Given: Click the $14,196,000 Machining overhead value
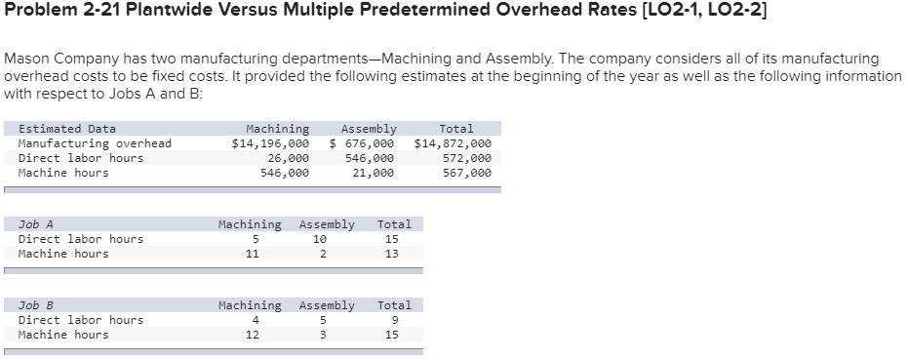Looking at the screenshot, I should [270, 143].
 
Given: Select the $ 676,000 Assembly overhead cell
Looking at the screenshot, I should [362, 143].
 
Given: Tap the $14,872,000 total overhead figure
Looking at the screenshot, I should [453, 143].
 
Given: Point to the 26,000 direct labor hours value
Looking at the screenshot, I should [288, 158].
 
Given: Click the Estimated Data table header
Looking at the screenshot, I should [67, 129].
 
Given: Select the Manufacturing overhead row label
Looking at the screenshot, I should [95, 143].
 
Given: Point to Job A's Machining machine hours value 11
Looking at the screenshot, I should [253, 254].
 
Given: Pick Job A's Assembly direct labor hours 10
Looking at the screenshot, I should [320, 239].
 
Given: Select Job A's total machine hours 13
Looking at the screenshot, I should [391, 254].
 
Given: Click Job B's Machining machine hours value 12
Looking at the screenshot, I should [253, 335].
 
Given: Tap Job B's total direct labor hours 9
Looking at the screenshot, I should [391, 320].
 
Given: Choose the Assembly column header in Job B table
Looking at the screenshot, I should [327, 305].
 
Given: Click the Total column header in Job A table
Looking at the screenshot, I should [394, 224].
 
